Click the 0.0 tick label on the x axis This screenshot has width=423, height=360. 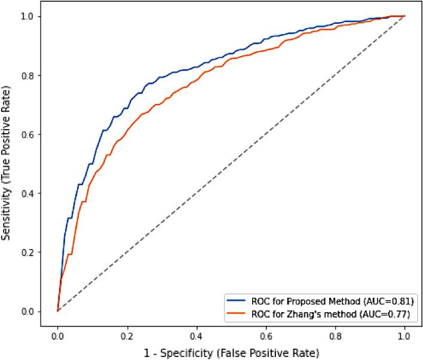pyautogui.click(x=57, y=336)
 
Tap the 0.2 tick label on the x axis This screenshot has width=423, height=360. pyautogui.click(x=127, y=336)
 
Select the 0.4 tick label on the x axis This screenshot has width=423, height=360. pyautogui.click(x=196, y=336)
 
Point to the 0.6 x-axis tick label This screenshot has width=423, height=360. pyautogui.click(x=266, y=336)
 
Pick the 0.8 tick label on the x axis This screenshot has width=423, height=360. pyautogui.click(x=335, y=336)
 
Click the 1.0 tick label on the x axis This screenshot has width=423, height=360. pyautogui.click(x=404, y=336)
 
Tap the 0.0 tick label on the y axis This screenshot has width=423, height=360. pyautogui.click(x=27, y=311)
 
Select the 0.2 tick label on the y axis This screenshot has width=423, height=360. pyautogui.click(x=27, y=252)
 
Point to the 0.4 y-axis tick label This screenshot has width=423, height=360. pyautogui.click(x=27, y=193)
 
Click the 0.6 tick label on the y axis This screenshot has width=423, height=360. pyautogui.click(x=27, y=134)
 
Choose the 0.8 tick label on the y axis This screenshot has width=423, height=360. pyautogui.click(x=27, y=75)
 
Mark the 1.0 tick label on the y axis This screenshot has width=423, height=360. pyautogui.click(x=27, y=16)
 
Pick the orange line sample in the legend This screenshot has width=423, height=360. pyautogui.click(x=237, y=312)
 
